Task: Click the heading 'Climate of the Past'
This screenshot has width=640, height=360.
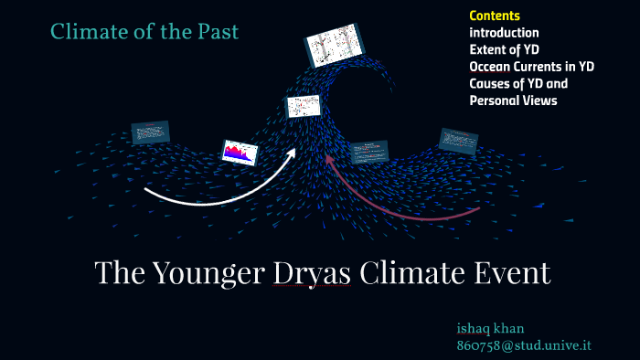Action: [x=144, y=32]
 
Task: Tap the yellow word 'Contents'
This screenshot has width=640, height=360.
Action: [x=495, y=16]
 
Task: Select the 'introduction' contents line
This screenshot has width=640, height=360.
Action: [x=504, y=33]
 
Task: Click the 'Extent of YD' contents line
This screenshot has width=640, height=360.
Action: [x=505, y=49]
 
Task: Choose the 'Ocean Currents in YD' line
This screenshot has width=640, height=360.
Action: [x=531, y=67]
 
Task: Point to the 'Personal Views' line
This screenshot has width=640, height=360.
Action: [x=513, y=101]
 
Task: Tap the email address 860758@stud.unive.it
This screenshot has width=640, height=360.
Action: [x=523, y=345]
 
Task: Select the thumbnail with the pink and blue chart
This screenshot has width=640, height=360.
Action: [x=236, y=152]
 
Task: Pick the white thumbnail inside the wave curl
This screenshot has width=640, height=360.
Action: [x=303, y=106]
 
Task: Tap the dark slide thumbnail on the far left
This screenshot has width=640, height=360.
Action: [x=150, y=132]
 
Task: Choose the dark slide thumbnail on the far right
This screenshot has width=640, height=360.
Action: [x=458, y=140]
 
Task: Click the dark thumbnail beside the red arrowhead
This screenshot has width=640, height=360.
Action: [x=369, y=152]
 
